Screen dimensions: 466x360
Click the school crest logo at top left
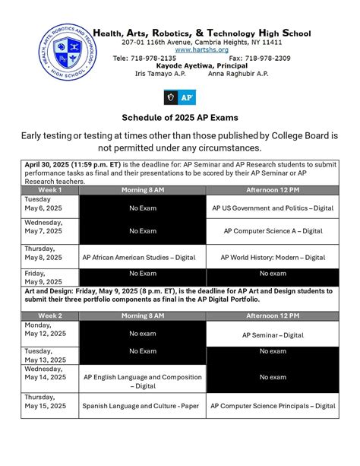click(x=69, y=52)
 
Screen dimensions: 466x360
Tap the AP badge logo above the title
click(x=180, y=97)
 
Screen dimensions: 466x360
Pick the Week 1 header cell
click(x=49, y=189)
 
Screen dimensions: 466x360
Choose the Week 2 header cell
click(x=49, y=315)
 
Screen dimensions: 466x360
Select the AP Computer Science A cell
click(x=272, y=230)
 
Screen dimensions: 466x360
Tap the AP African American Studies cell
click(x=142, y=257)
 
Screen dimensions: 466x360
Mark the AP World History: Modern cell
click(x=272, y=257)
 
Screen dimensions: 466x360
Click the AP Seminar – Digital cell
click(x=272, y=334)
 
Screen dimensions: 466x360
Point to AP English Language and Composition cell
click(x=142, y=380)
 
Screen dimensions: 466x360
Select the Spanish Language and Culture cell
click(x=142, y=406)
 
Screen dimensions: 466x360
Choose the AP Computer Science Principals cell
click(x=272, y=406)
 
